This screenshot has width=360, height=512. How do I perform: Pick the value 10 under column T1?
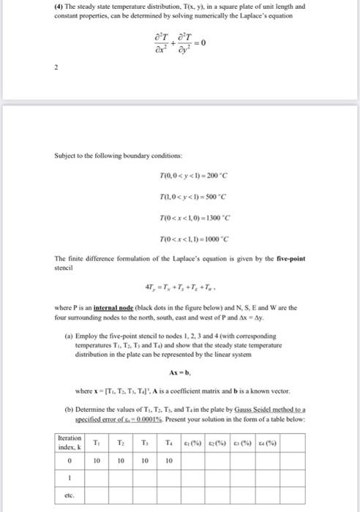pyautogui.click(x=96, y=461)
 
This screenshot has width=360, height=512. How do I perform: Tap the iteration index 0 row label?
pyautogui.click(x=70, y=461)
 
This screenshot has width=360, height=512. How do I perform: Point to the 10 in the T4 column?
pyautogui.click(x=169, y=461)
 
